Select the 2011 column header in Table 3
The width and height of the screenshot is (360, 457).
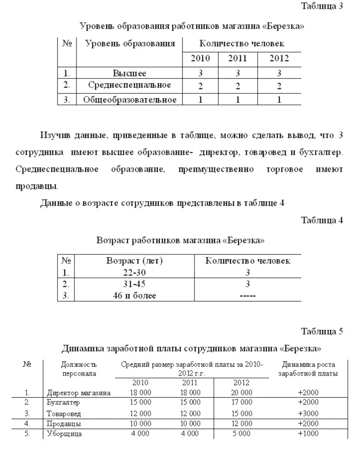[x=237, y=59]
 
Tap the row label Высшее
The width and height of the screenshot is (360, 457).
[x=129, y=73]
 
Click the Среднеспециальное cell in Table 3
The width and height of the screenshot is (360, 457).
[x=129, y=85]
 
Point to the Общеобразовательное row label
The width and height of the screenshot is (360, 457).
[x=129, y=99]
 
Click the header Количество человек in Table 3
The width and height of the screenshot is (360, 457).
[x=241, y=44]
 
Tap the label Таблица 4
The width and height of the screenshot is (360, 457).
[x=322, y=220]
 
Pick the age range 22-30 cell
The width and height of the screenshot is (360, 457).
[x=135, y=272]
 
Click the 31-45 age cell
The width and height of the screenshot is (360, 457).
[x=135, y=284]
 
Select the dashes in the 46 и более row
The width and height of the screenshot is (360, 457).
[x=248, y=296]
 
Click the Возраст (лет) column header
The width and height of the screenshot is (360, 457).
[x=135, y=261]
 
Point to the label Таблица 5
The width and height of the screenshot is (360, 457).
[x=322, y=331]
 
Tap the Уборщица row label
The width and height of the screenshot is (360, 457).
[x=64, y=434]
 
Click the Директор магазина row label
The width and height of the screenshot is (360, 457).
[x=79, y=393]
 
